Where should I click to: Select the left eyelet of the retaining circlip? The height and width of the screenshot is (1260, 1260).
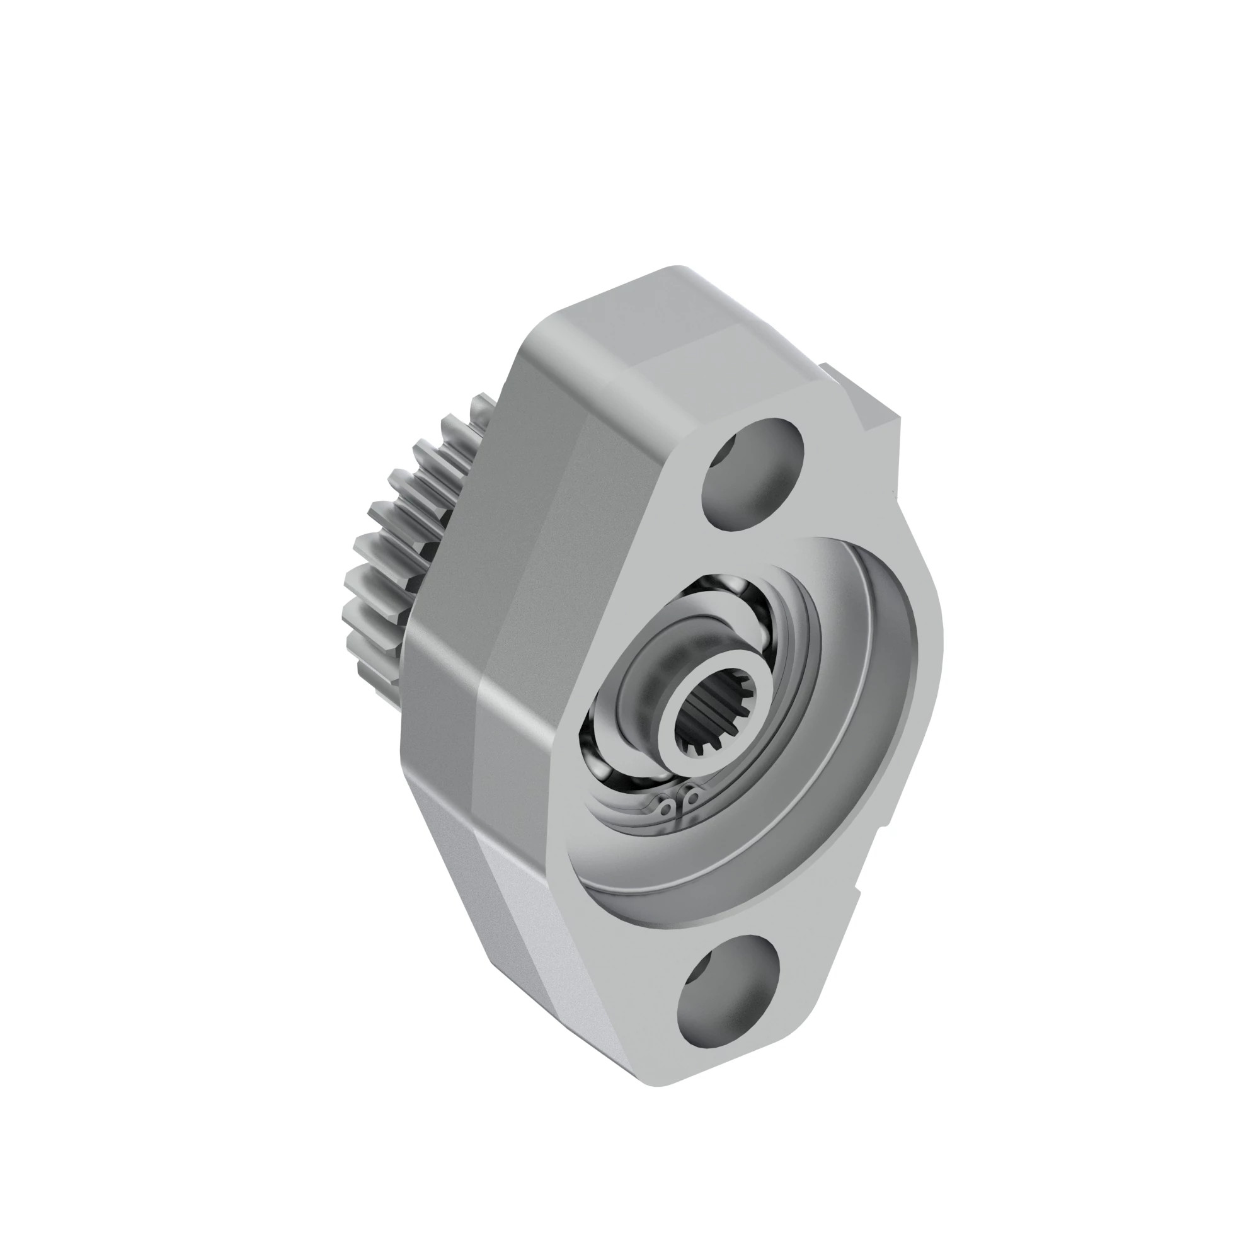(665, 810)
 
